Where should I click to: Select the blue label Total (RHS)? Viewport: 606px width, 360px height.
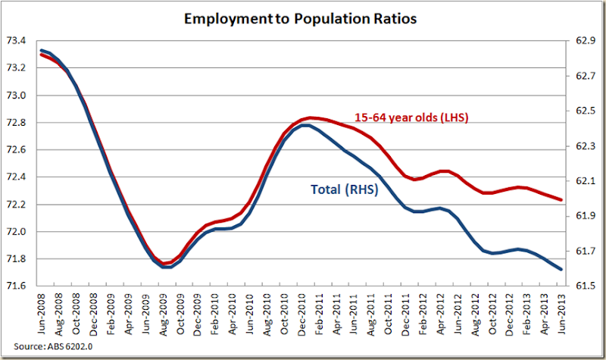click(345, 189)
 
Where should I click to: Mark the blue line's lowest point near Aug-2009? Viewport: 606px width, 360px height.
click(163, 267)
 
